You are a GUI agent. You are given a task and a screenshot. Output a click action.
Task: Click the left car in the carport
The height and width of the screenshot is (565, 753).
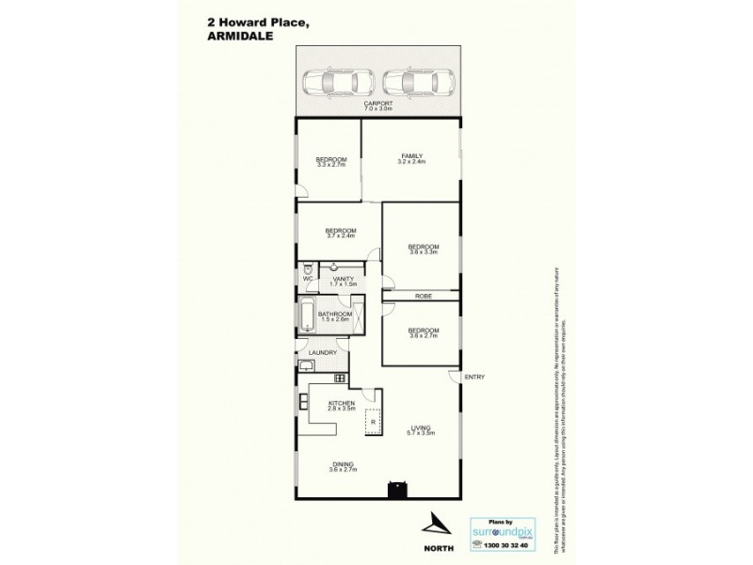(x=337, y=83)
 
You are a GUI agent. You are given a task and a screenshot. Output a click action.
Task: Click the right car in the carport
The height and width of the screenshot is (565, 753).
(x=420, y=83)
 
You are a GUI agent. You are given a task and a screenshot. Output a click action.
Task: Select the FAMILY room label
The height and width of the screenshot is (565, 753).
(x=411, y=155)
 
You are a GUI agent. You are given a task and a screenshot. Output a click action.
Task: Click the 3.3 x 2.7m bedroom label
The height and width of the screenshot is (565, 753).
(x=331, y=160)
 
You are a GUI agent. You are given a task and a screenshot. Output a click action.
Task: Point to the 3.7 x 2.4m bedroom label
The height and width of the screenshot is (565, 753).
(x=341, y=232)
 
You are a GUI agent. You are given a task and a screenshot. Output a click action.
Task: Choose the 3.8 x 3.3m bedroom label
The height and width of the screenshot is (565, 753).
(x=424, y=249)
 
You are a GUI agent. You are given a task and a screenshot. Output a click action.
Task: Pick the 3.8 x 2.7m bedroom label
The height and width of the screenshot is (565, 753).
(x=424, y=331)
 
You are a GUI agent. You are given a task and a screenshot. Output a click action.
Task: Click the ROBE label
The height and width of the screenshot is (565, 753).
(x=423, y=296)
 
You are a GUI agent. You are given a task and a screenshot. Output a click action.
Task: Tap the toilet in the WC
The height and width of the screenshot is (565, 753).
(x=309, y=268)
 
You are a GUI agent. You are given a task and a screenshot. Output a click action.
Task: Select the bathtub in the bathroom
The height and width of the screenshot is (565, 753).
(x=307, y=317)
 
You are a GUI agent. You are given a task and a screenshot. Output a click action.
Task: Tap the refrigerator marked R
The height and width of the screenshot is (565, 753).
(x=374, y=421)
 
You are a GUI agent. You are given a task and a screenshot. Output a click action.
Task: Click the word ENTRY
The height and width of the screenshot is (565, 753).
(x=473, y=378)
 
